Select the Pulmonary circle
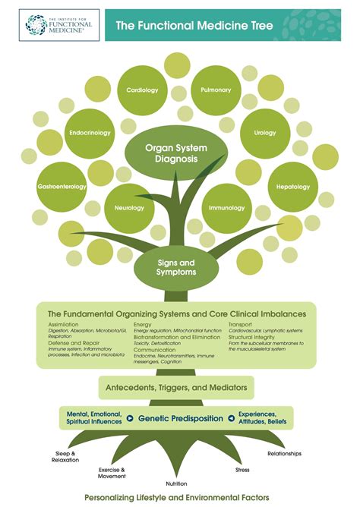click(215, 90)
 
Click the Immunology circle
click(226, 207)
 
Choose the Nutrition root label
click(177, 483)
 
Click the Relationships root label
click(284, 454)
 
